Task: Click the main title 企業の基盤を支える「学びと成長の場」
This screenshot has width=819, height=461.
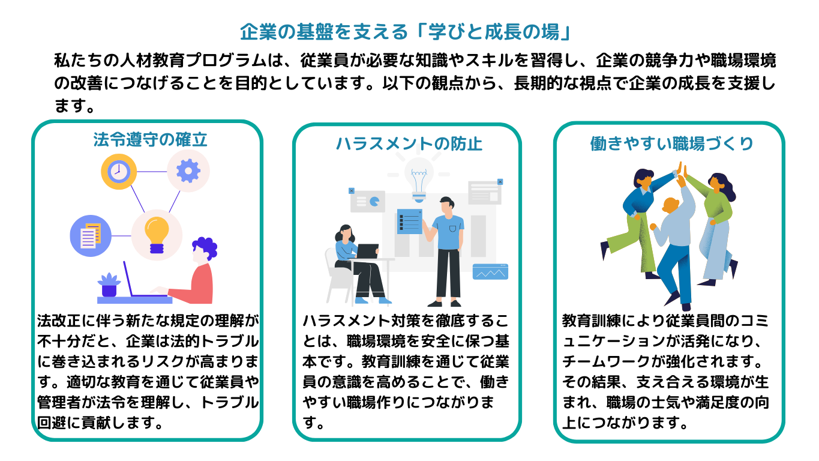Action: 409,31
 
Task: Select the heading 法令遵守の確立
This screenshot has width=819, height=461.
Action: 150,140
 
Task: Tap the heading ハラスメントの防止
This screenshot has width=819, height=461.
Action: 409,144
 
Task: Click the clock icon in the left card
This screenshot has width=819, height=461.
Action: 119,172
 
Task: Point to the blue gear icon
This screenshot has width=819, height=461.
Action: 188,171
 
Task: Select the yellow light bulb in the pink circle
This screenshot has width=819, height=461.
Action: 157,235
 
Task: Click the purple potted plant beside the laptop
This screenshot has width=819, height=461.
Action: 109,285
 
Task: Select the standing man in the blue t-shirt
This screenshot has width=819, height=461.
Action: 447,249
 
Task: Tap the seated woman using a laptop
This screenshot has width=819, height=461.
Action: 354,261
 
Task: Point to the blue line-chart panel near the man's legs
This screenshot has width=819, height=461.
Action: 490,272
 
